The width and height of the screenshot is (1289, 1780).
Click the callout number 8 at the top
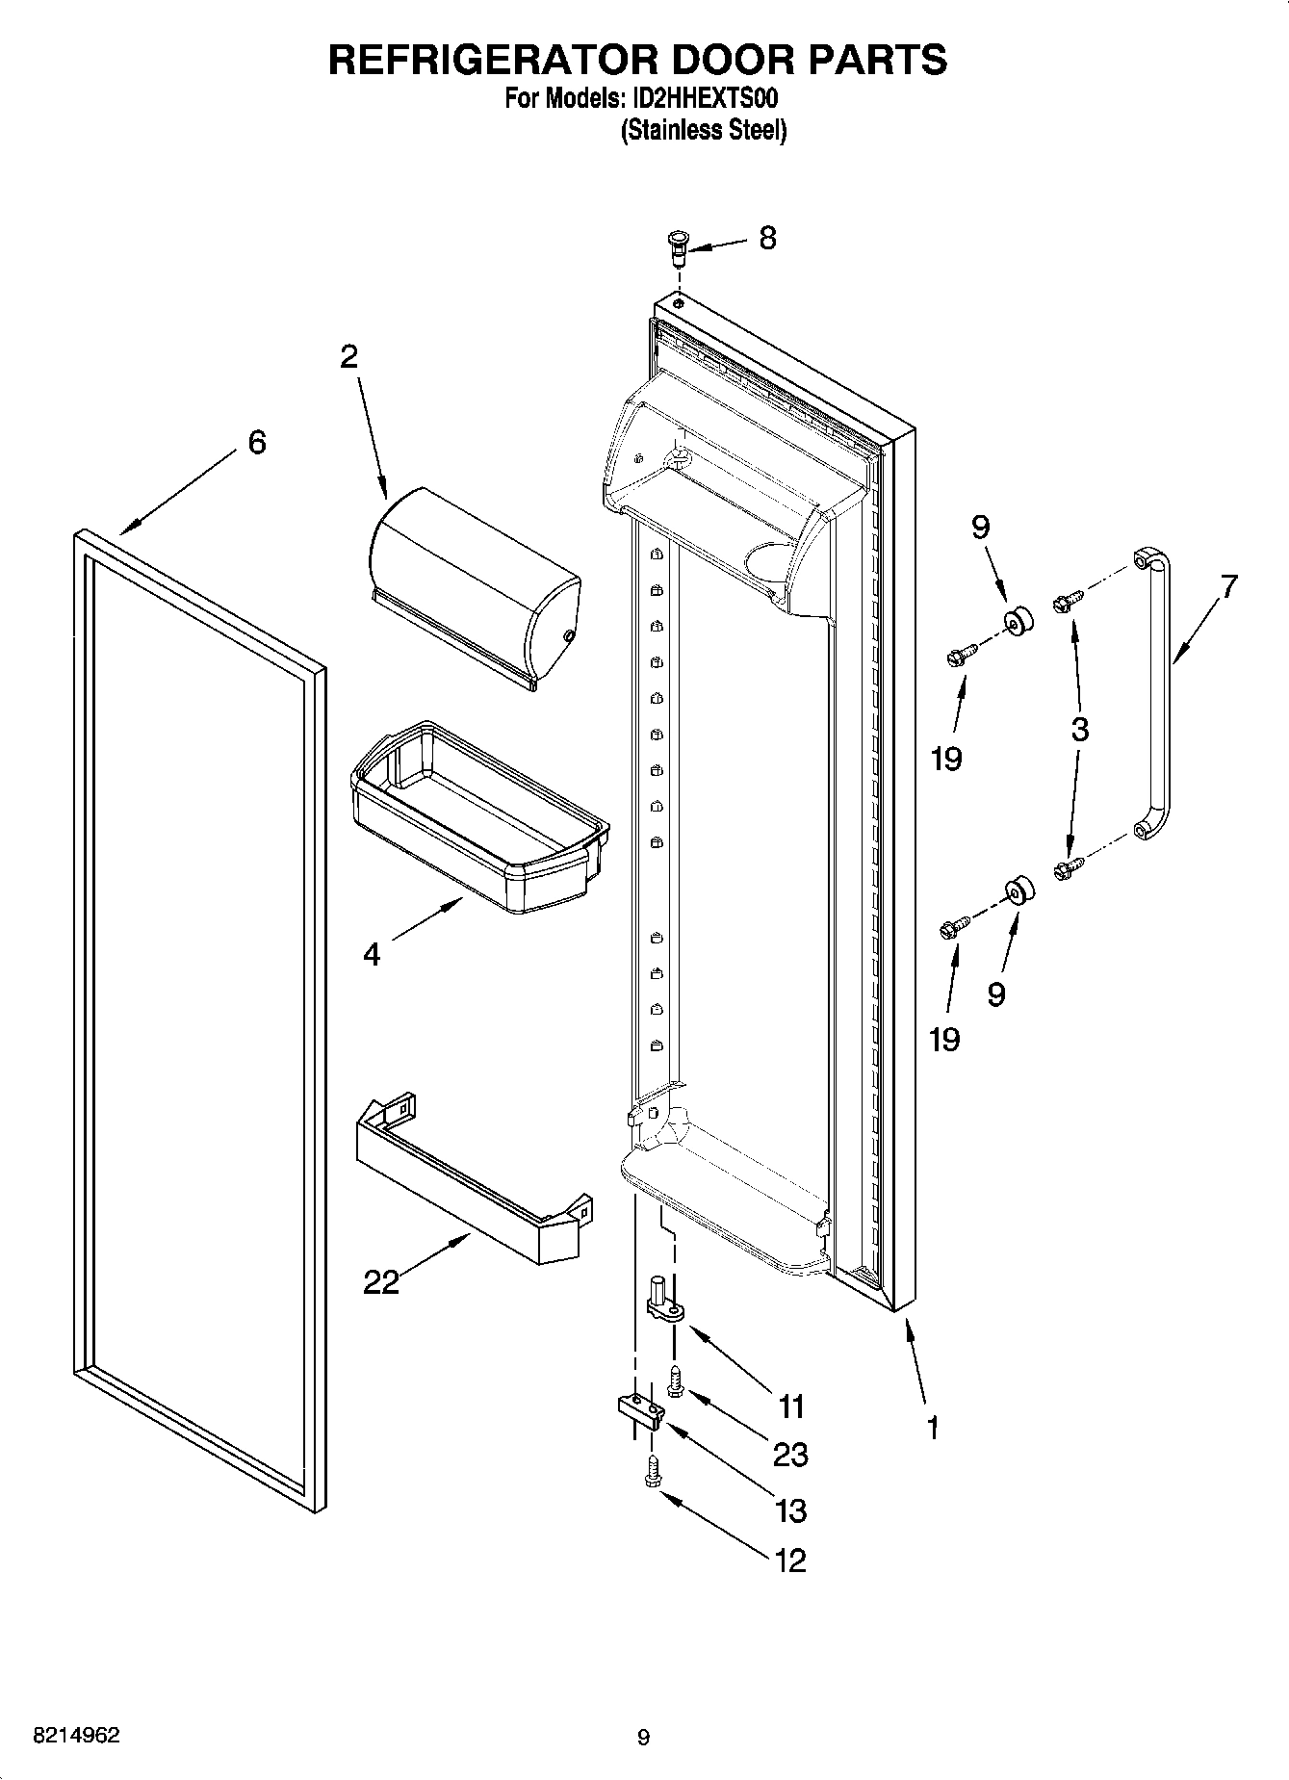[x=766, y=239]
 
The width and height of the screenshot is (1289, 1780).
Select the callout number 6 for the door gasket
[x=256, y=442]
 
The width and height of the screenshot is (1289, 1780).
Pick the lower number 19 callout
[x=944, y=1039]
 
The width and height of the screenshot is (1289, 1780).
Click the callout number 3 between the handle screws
[x=1079, y=729]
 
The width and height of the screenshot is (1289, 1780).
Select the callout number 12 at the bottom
[x=790, y=1561]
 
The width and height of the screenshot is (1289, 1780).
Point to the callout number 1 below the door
[x=931, y=1428]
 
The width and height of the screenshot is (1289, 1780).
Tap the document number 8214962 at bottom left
[x=77, y=1736]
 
